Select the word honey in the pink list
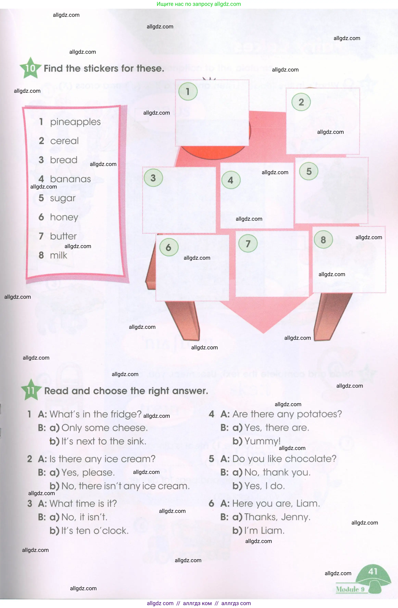[64, 217]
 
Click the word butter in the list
[63, 236]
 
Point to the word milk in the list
[59, 255]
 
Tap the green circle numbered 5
[309, 171]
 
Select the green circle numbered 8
[323, 240]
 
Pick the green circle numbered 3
[153, 178]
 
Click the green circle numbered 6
[169, 247]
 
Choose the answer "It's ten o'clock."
[95, 531]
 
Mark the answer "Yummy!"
[262, 441]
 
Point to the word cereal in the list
[64, 141]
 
